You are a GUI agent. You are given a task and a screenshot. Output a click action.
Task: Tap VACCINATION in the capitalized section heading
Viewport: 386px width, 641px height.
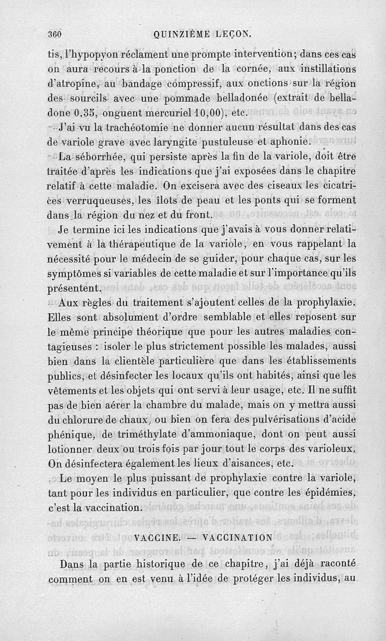click(x=238, y=537)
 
